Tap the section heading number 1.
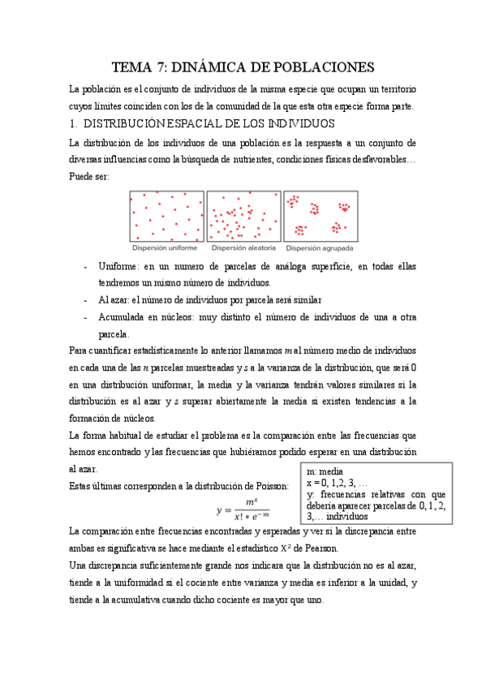[74, 124]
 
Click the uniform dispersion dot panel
[166, 216]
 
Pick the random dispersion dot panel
[243, 216]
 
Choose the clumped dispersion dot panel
[320, 216]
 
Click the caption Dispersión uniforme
[166, 247]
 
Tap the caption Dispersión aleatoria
[243, 247]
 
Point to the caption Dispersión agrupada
[320, 247]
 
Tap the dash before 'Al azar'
[86, 299]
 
